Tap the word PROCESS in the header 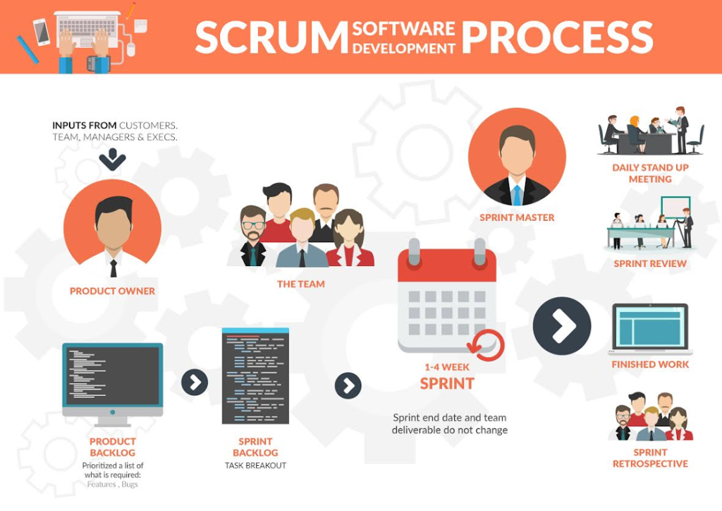pos(556,37)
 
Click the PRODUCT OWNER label pos(112,291)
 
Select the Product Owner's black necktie pos(113,267)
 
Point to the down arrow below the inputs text pos(112,159)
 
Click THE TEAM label pos(301,284)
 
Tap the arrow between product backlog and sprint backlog pos(195,383)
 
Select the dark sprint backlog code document pos(255,375)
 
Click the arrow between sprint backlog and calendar pos(348,385)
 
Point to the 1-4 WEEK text pos(447,367)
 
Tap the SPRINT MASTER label pos(517,217)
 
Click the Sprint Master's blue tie pos(517,193)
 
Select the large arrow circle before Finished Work pos(561,325)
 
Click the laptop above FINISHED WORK pos(649,329)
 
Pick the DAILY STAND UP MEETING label pos(650,174)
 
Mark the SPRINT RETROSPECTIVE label pos(650,458)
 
